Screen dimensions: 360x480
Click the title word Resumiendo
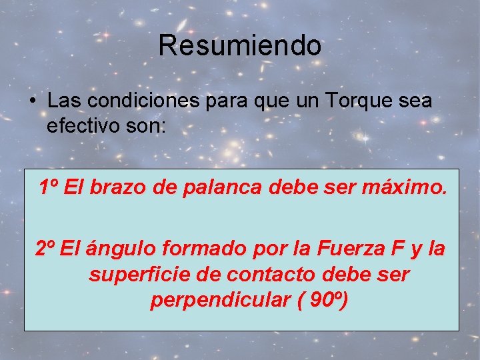pyautogui.click(x=240, y=46)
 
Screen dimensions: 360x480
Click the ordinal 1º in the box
pyautogui.click(x=49, y=188)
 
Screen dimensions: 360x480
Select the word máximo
pyautogui.click(x=405, y=188)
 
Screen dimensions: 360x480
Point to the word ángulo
pyautogui.click(x=116, y=249)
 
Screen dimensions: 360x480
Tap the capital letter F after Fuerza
pyautogui.click(x=398, y=249)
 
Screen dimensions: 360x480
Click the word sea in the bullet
pyautogui.click(x=413, y=101)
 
